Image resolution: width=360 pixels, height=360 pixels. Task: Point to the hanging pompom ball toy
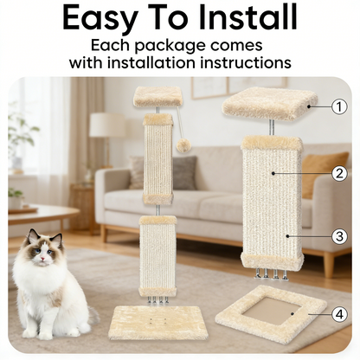point(183,146)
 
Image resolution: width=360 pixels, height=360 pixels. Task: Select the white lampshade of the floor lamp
point(107,125)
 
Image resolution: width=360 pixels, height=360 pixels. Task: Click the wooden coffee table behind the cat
point(39,214)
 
